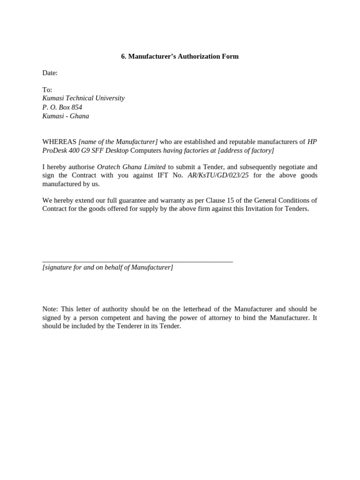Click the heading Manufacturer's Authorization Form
[x=180, y=57]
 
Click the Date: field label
[x=50, y=73]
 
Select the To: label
[x=47, y=90]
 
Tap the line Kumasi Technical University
[x=83, y=98]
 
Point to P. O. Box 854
[x=62, y=107]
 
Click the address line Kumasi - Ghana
[x=66, y=116]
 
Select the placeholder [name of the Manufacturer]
[x=118, y=142]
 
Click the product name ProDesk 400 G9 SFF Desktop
[x=85, y=150]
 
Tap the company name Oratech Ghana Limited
[x=131, y=167]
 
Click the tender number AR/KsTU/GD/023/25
[x=218, y=176]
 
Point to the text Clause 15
[x=220, y=201]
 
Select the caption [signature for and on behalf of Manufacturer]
[x=108, y=268]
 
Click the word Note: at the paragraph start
[x=50, y=309]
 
